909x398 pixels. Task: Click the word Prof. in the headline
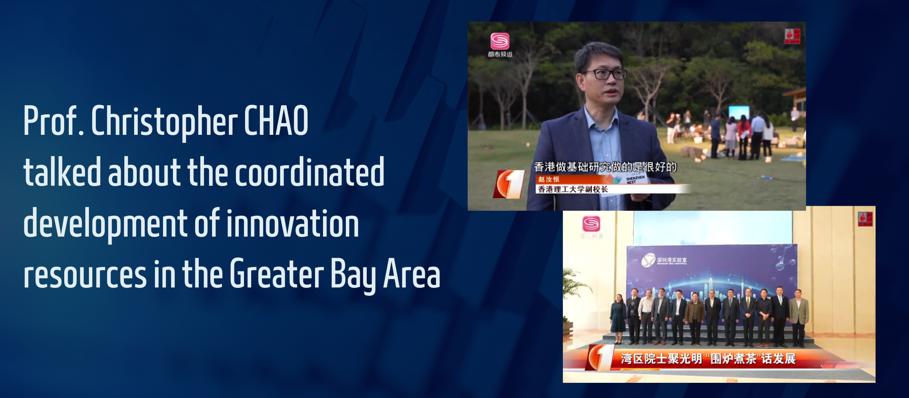(x=53, y=121)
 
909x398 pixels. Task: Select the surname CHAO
(x=276, y=121)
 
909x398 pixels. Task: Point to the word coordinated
(x=310, y=172)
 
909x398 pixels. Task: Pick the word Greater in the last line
(x=277, y=273)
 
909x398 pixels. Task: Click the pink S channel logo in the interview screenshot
(x=500, y=41)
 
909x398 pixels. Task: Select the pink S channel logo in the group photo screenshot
(x=591, y=224)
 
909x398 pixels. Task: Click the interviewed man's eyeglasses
(x=605, y=74)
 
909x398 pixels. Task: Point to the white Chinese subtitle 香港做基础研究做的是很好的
(x=605, y=167)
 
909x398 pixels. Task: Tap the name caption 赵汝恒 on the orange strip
(x=548, y=179)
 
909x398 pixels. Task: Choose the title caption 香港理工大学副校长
(x=573, y=189)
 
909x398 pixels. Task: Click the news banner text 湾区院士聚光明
(x=661, y=359)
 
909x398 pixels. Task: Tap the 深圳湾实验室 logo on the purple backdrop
(x=664, y=261)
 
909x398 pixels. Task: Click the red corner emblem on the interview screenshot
(x=792, y=36)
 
